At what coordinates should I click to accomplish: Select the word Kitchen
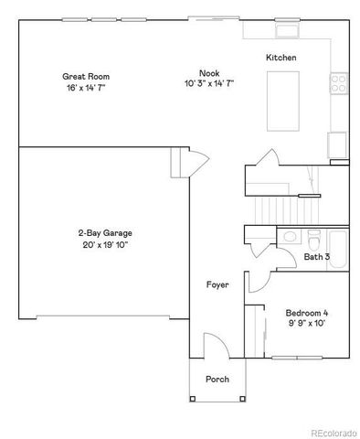pos(281,59)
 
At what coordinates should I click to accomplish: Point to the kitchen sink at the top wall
pos(289,31)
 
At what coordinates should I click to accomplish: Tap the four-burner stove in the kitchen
pos(338,83)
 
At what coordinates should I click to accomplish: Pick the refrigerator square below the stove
pos(337,145)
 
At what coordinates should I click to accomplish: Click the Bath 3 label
pos(317,258)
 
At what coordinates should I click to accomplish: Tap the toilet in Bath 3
pos(314,240)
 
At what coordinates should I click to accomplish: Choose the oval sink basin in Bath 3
pos(290,237)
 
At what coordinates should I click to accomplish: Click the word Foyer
pos(217,284)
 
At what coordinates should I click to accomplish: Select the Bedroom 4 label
pos(306,313)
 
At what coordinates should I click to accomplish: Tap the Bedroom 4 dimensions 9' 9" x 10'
pos(306,324)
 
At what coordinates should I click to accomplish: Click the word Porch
pos(217,379)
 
